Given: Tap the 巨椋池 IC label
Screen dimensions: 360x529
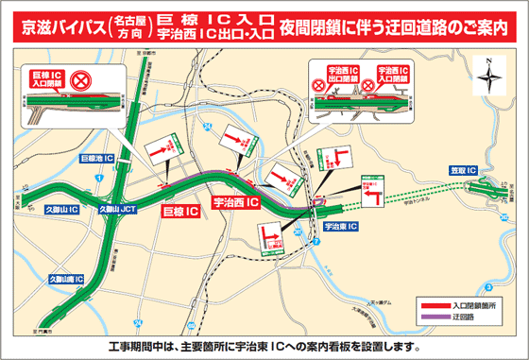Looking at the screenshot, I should point(97,158).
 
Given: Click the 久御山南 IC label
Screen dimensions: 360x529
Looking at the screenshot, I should point(65,279).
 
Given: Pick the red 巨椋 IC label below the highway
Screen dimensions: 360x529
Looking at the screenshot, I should point(179,212).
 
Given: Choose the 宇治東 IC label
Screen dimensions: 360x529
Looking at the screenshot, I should point(339,227).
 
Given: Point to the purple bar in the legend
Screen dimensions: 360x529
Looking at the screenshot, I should point(435,318).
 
